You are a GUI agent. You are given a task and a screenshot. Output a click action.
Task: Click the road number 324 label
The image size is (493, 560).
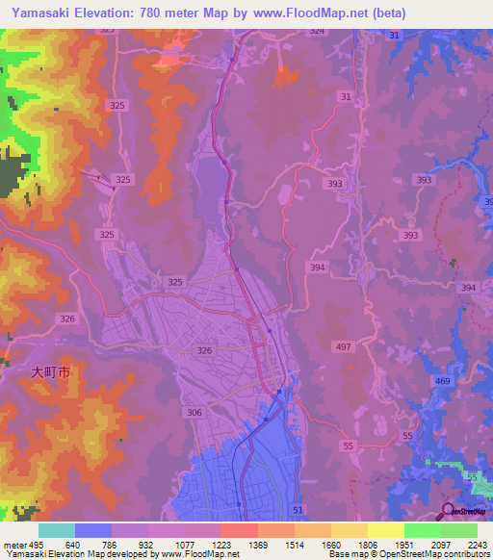tap(318, 32)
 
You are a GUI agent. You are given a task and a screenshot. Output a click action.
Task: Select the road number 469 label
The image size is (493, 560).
tap(442, 382)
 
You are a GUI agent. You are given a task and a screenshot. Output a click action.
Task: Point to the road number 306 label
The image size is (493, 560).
tap(195, 411)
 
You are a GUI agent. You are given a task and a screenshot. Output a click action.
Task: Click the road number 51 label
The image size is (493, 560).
tap(297, 509)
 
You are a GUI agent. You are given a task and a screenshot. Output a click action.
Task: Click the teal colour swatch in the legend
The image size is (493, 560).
tap(57, 530)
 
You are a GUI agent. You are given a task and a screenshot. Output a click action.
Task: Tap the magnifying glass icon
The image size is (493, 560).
tap(450, 510)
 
